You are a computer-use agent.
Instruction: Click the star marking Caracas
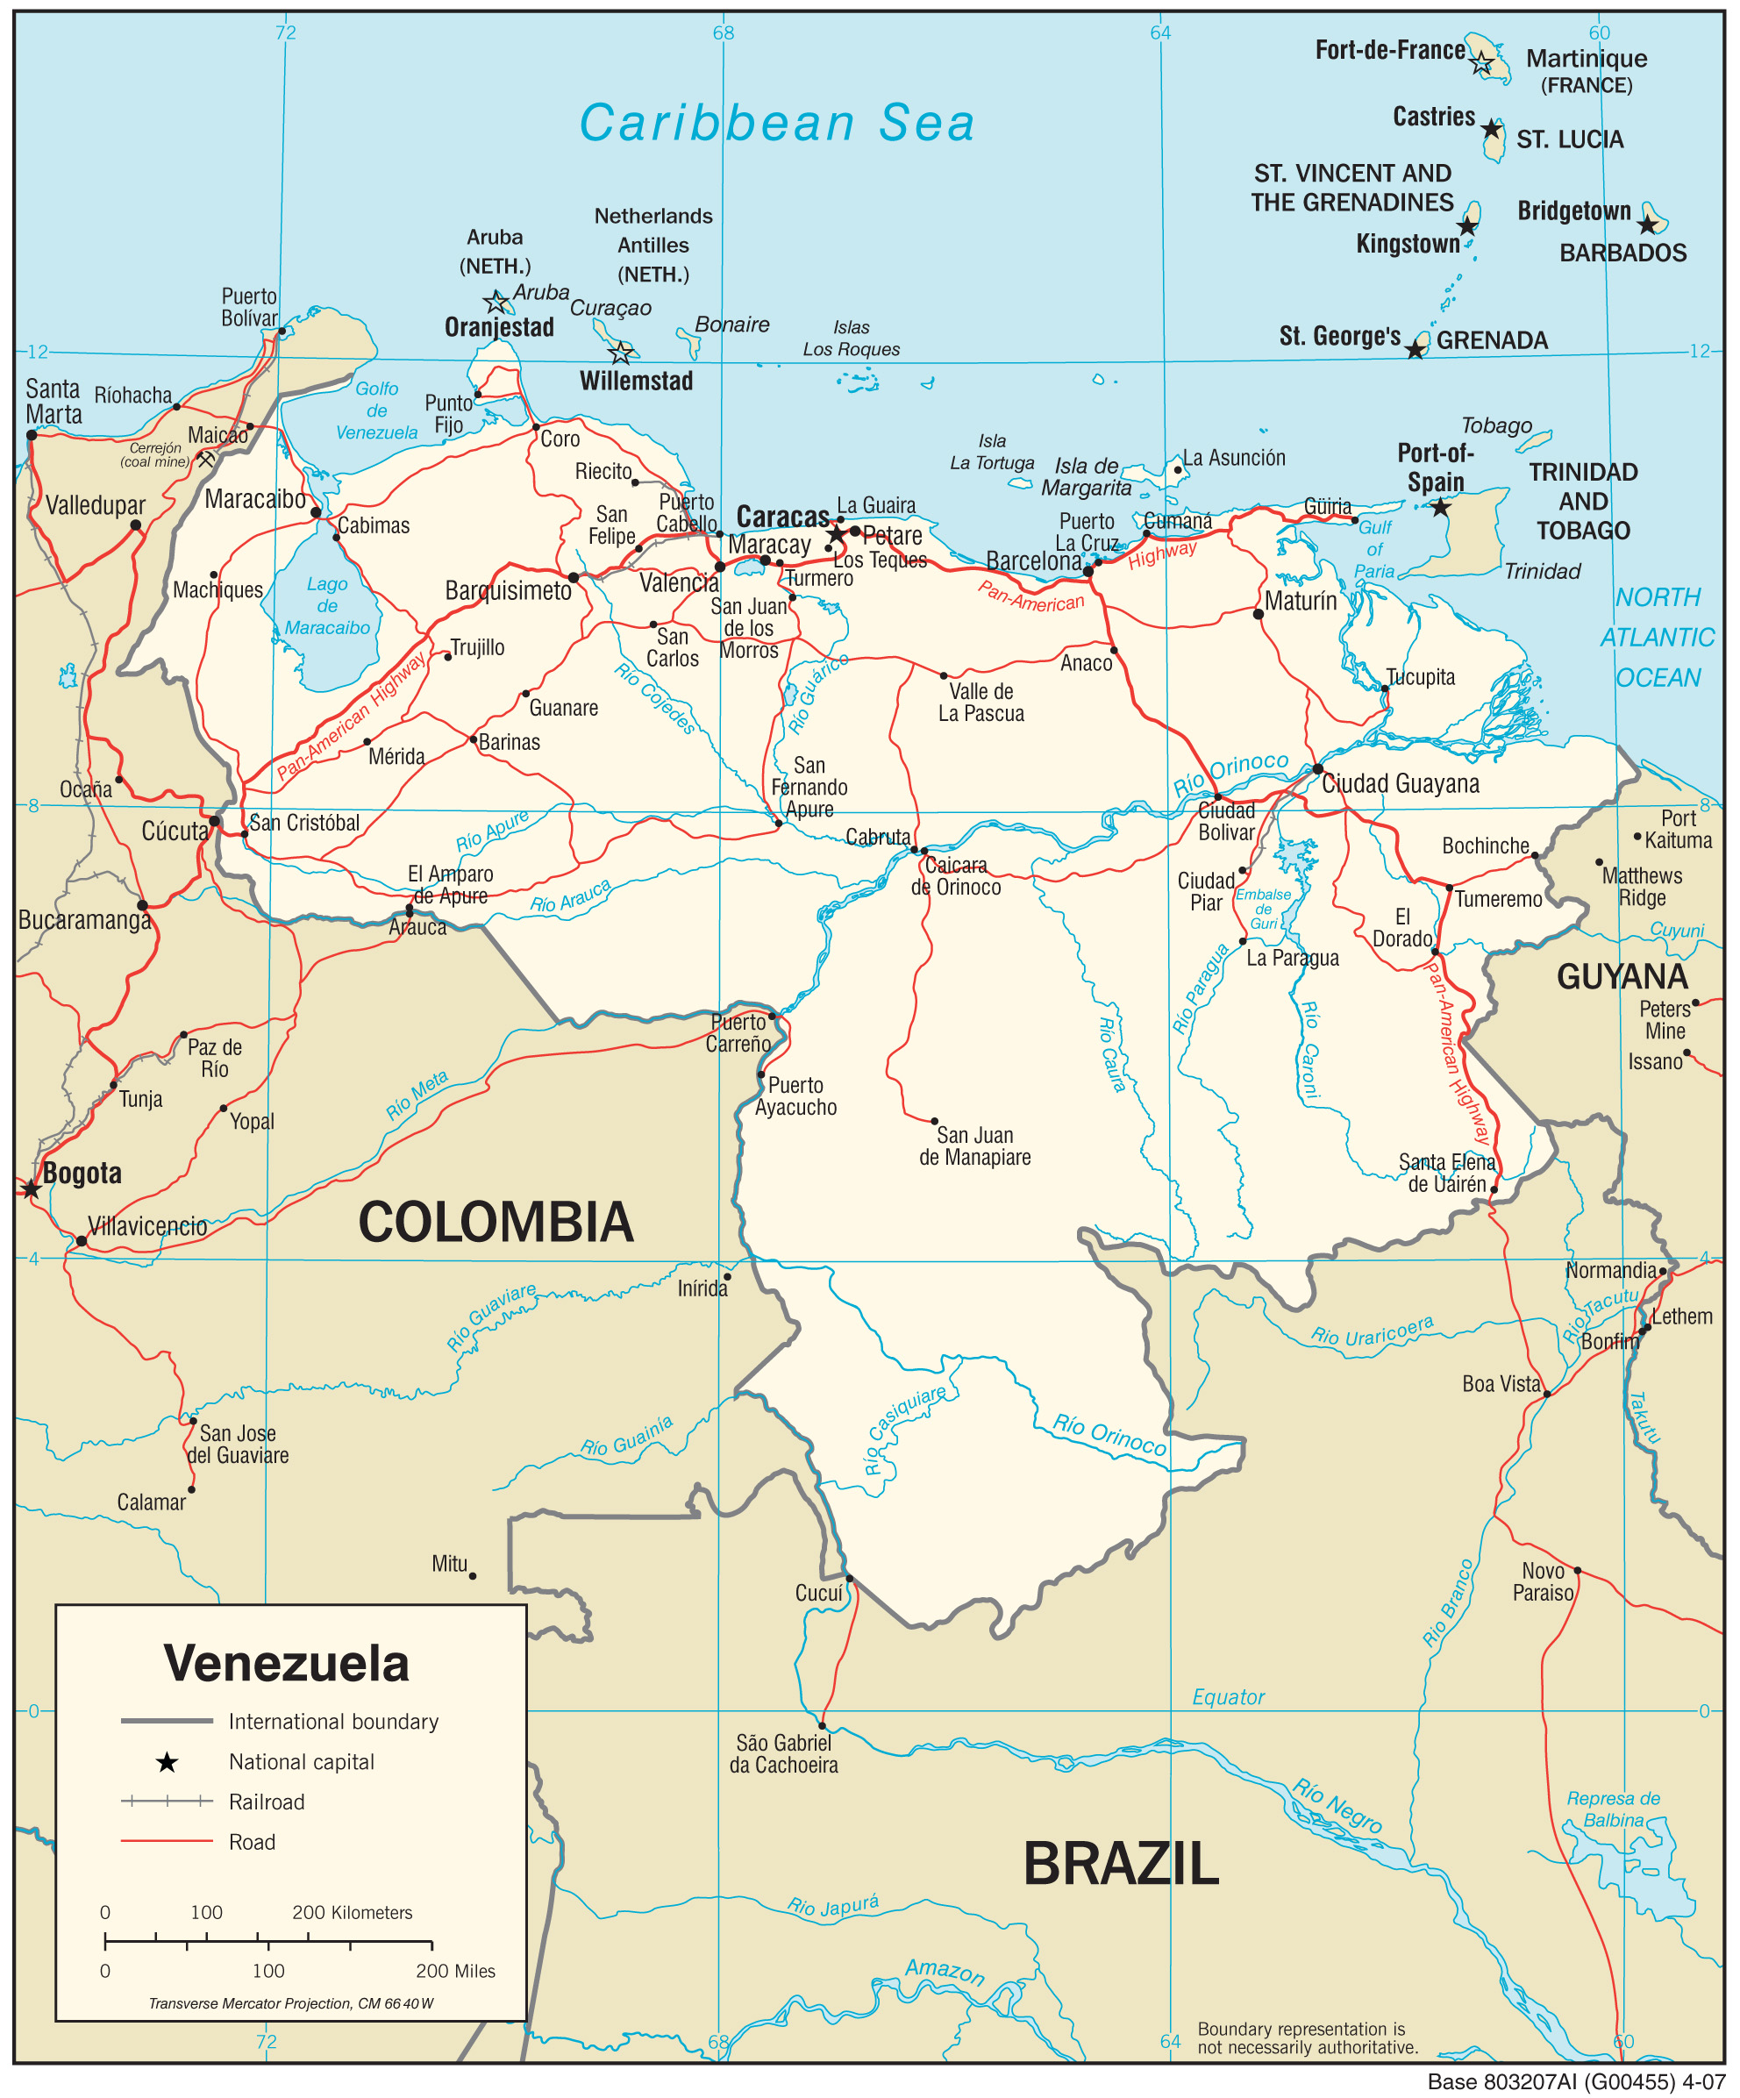point(836,534)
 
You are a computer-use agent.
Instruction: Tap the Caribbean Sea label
point(776,124)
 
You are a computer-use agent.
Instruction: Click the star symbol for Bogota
point(31,1188)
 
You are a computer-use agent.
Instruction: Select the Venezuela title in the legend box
point(287,1664)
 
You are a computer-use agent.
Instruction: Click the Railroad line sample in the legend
point(167,1802)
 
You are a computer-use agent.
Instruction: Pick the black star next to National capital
point(167,1762)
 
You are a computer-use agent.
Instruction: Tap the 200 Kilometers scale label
point(352,1912)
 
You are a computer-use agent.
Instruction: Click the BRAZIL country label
point(1121,1864)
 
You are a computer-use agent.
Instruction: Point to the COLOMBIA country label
point(496,1222)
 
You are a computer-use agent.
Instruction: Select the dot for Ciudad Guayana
point(1317,768)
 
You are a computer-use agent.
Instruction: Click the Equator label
point(1228,1697)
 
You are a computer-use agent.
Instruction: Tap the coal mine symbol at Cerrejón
point(206,460)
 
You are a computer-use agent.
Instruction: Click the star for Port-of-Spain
point(1439,508)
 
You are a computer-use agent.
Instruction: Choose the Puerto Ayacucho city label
point(796,1096)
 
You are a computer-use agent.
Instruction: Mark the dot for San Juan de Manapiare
point(934,1121)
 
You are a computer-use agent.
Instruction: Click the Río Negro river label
point(1337,1805)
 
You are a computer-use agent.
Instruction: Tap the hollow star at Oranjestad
point(496,302)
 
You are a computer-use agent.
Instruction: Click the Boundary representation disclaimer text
point(1308,2038)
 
